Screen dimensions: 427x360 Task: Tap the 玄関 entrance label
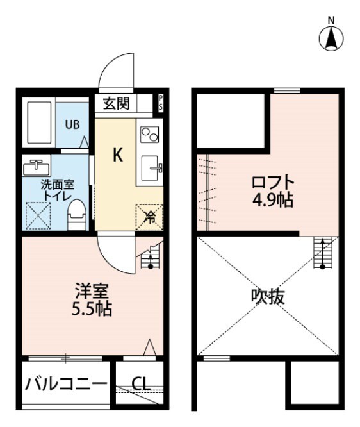point(117,103)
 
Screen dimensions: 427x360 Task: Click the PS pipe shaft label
point(160,103)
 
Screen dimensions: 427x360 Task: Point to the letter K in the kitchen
point(118,155)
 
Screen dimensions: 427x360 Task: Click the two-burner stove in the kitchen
point(150,135)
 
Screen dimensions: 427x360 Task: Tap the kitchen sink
point(152,169)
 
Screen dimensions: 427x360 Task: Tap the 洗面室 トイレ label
point(58,189)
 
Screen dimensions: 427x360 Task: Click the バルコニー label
point(66,385)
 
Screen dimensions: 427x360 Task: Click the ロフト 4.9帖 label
point(272,190)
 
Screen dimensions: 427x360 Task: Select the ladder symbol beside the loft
point(322,253)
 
